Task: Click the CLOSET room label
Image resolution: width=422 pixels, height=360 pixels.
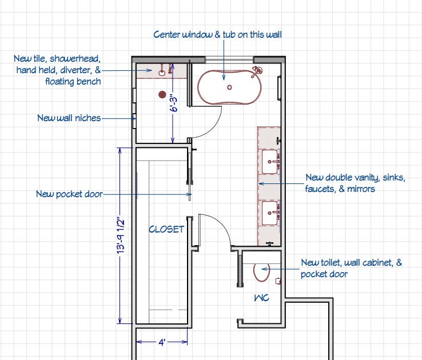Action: point(166,229)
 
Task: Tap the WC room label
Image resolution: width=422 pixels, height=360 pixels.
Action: point(261,298)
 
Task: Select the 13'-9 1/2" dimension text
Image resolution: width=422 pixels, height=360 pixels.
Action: point(121,235)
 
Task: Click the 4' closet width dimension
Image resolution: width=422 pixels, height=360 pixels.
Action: point(162,342)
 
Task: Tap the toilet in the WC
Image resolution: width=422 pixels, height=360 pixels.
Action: point(262,273)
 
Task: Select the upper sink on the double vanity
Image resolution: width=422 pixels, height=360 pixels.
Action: point(270,162)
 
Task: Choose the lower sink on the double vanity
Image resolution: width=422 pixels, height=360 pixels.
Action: point(270,214)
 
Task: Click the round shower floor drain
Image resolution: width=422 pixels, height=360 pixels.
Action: point(162,94)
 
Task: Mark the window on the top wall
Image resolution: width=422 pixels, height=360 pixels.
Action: point(229,59)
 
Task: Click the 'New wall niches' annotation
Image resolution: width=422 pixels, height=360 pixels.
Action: point(69,118)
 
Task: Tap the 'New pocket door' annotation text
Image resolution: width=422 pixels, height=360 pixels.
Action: point(69,194)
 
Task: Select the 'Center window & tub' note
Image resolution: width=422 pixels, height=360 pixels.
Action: point(217,35)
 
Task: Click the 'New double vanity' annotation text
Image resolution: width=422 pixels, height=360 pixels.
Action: point(355,183)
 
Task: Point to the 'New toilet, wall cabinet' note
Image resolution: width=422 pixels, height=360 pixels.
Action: point(351,268)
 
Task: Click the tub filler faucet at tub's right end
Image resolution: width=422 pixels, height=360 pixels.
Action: point(258,70)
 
